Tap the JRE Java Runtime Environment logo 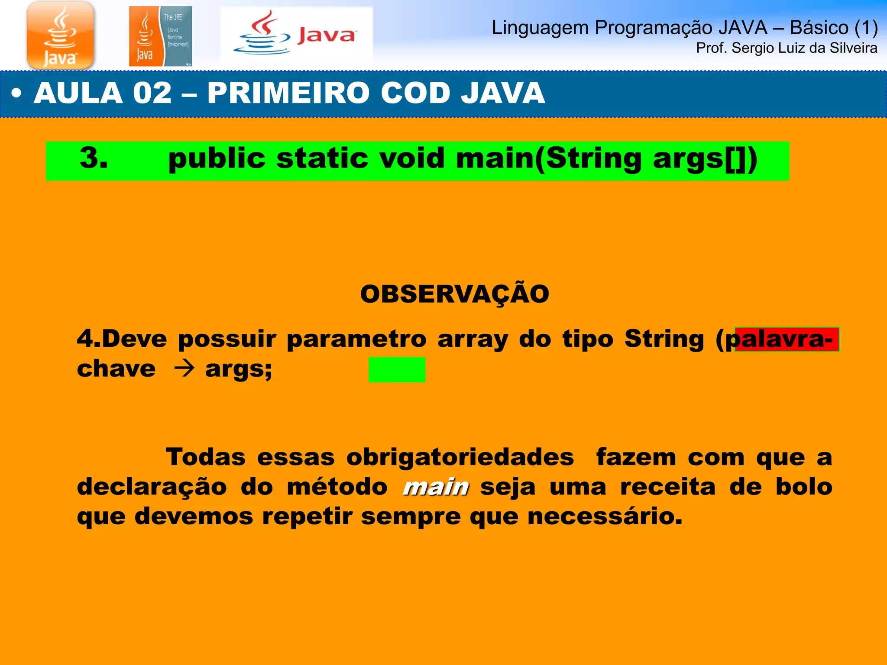(160, 36)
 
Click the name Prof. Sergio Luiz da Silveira (786, 48)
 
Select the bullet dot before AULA (16, 94)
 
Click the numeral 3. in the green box (94, 158)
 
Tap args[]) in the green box (705, 158)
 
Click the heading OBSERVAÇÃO (454, 294)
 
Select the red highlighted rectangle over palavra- (787, 339)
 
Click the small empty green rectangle (396, 369)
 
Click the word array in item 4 (473, 339)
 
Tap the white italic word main (436, 487)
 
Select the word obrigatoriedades (460, 457)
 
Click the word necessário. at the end (605, 517)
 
